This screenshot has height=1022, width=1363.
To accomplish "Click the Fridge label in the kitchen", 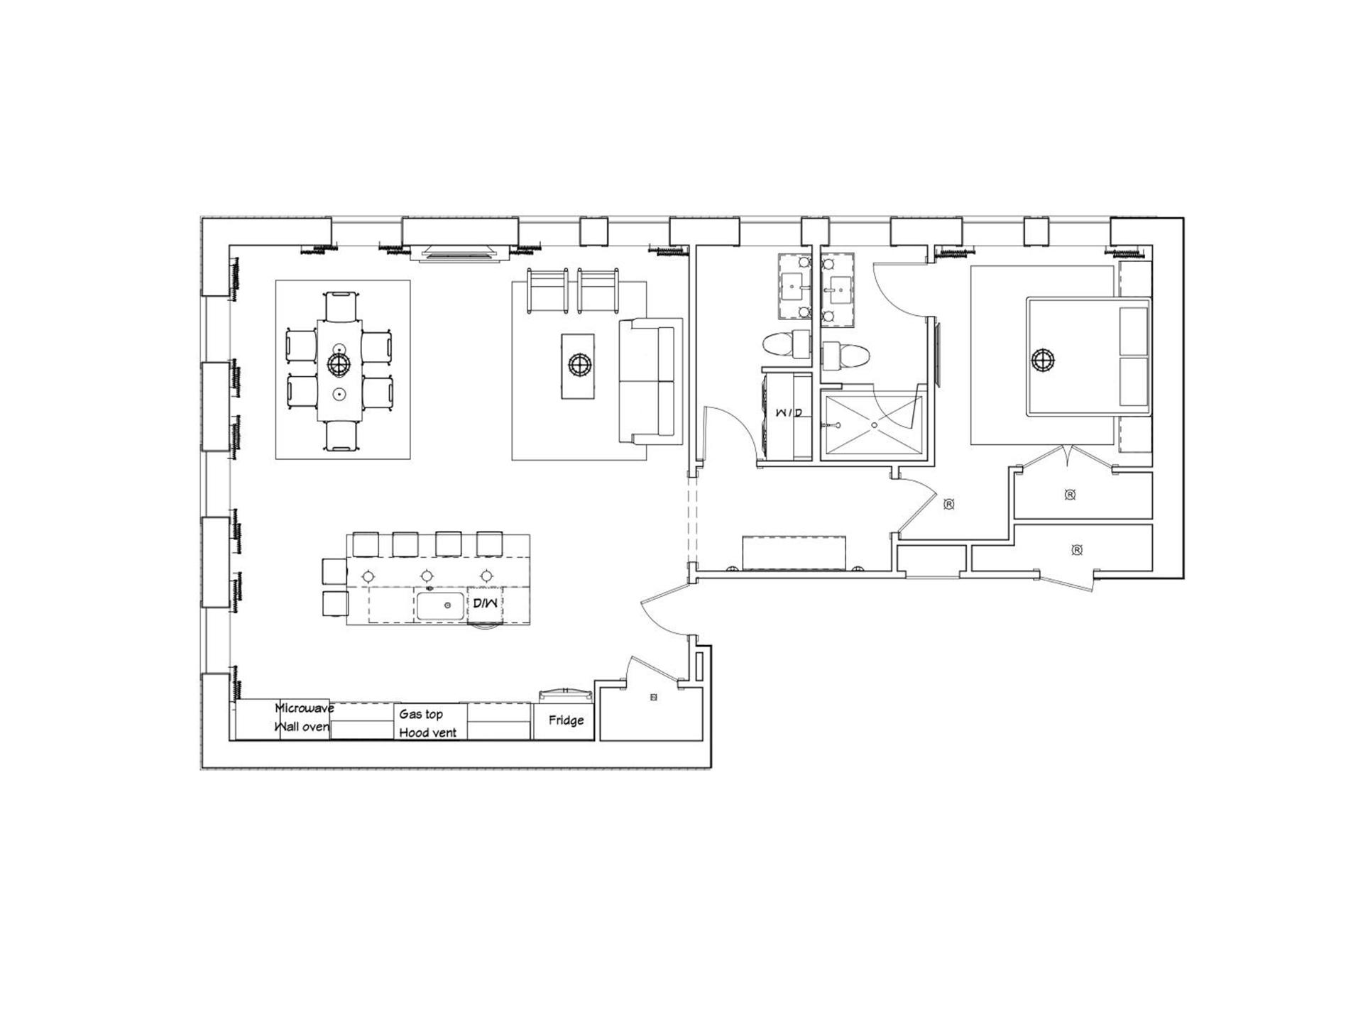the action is pyautogui.click(x=566, y=720).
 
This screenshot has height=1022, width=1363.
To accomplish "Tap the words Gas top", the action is pyautogui.click(x=421, y=715).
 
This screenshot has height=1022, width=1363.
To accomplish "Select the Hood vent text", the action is pyautogui.click(x=427, y=732).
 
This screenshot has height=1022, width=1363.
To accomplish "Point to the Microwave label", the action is pyautogui.click(x=304, y=708).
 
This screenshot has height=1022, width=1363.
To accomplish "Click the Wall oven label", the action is pyautogui.click(x=302, y=726).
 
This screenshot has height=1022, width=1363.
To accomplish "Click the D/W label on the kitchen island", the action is pyautogui.click(x=486, y=604).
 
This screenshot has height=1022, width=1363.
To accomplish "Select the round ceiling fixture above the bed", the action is pyautogui.click(x=1043, y=360).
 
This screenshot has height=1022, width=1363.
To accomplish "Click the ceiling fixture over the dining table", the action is pyautogui.click(x=339, y=364).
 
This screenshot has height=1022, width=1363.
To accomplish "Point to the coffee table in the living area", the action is pyautogui.click(x=578, y=366).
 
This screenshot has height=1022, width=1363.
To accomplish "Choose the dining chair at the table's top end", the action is pyautogui.click(x=340, y=306).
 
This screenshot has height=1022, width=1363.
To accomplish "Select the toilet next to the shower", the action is pyautogui.click(x=845, y=354).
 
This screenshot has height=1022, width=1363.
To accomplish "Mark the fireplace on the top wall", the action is pyautogui.click(x=459, y=252).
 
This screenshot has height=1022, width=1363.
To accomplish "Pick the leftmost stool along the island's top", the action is pyautogui.click(x=366, y=544).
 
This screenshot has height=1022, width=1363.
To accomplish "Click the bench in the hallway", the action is pyautogui.click(x=794, y=553).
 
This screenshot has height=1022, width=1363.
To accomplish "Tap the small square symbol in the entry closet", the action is pyautogui.click(x=654, y=698).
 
